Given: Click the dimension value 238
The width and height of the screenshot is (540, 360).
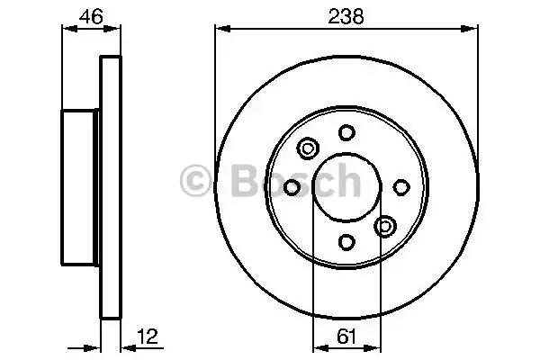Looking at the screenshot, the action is click(x=346, y=16).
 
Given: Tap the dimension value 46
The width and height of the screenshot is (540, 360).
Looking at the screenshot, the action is click(x=91, y=16).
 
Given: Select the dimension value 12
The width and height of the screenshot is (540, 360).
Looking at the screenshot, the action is click(x=148, y=337).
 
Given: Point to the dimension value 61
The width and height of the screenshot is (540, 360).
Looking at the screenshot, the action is click(x=346, y=337).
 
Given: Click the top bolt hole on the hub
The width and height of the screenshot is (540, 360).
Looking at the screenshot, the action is click(x=346, y=132).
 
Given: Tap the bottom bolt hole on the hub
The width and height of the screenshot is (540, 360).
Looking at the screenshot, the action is click(x=346, y=242).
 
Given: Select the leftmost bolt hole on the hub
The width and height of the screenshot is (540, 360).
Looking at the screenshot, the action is click(x=292, y=188).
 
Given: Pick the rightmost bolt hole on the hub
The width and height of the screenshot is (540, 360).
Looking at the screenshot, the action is click(x=401, y=188).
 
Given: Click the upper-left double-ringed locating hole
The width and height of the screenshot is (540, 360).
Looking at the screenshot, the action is click(x=308, y=148).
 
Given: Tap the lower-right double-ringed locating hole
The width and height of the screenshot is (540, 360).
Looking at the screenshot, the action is click(x=385, y=226).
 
